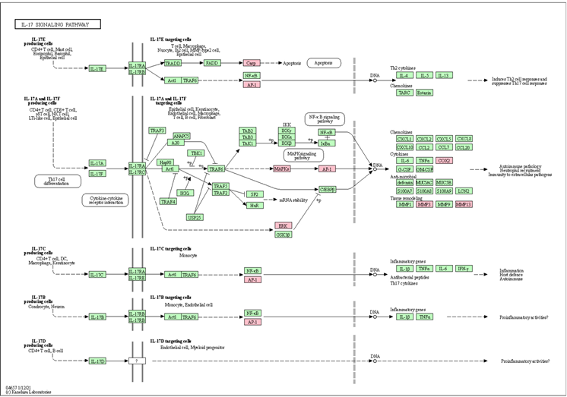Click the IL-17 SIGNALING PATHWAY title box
(x=57, y=25)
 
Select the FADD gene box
(x=211, y=64)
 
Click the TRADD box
(x=173, y=64)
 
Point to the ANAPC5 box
(x=181, y=136)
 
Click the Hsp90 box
(x=165, y=162)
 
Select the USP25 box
(x=195, y=217)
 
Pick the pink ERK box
(x=283, y=225)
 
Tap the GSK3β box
(x=283, y=235)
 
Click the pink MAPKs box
(x=282, y=169)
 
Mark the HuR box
(x=255, y=205)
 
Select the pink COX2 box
(x=464, y=161)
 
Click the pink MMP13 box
(x=464, y=204)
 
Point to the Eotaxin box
(x=424, y=93)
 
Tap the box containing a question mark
(x=137, y=361)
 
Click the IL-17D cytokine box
(x=97, y=361)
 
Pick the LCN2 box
(x=464, y=191)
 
